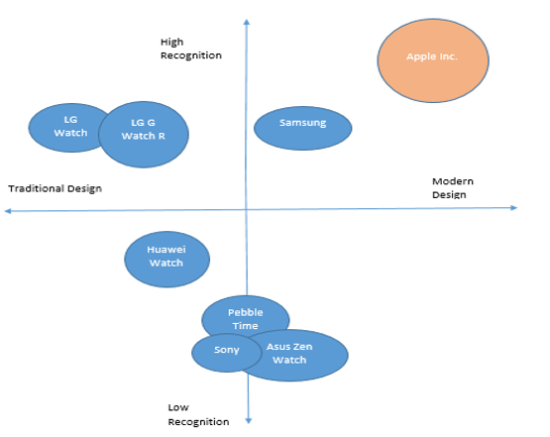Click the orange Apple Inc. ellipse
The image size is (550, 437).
coord(433,60)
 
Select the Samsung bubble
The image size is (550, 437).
coord(302,129)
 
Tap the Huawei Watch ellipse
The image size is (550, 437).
coord(166,260)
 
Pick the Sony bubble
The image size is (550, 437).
coord(227,353)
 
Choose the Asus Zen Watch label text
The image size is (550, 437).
coord(289,353)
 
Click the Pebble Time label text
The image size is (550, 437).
coord(245,319)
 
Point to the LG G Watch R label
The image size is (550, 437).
coord(143,129)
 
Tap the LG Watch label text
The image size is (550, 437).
coord(70,126)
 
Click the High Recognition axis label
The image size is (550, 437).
coord(191,49)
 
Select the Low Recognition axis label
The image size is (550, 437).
coord(198,414)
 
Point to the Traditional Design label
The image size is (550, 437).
coord(55,188)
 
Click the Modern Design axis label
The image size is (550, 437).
coord(453,187)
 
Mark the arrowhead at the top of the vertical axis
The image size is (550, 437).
coord(247,22)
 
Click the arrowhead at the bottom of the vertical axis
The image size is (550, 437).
coord(249,421)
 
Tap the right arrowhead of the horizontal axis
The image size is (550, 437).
coord(514,208)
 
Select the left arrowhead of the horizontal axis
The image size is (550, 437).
coord(7,211)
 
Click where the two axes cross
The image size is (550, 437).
coord(247,209)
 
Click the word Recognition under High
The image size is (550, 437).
coord(191,55)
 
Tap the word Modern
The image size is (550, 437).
coord(453,181)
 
